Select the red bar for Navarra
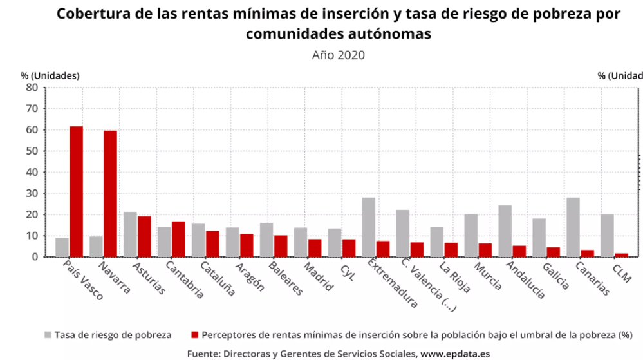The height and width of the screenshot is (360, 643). point(110,194)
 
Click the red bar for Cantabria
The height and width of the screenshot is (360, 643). point(178,239)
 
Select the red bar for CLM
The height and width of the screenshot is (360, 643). point(620,255)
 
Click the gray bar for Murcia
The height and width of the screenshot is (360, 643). point(471,235)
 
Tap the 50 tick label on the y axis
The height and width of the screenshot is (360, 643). point(32,151)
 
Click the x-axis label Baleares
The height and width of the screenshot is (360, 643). point(281,278)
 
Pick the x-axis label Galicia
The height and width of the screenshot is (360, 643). point(555,276)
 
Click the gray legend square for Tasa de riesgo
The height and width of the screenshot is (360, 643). point(48,335)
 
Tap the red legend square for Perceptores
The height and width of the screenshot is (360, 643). point(195,335)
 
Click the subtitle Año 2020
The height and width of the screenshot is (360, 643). point(338,55)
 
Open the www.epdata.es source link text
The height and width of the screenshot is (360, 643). point(455,354)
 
